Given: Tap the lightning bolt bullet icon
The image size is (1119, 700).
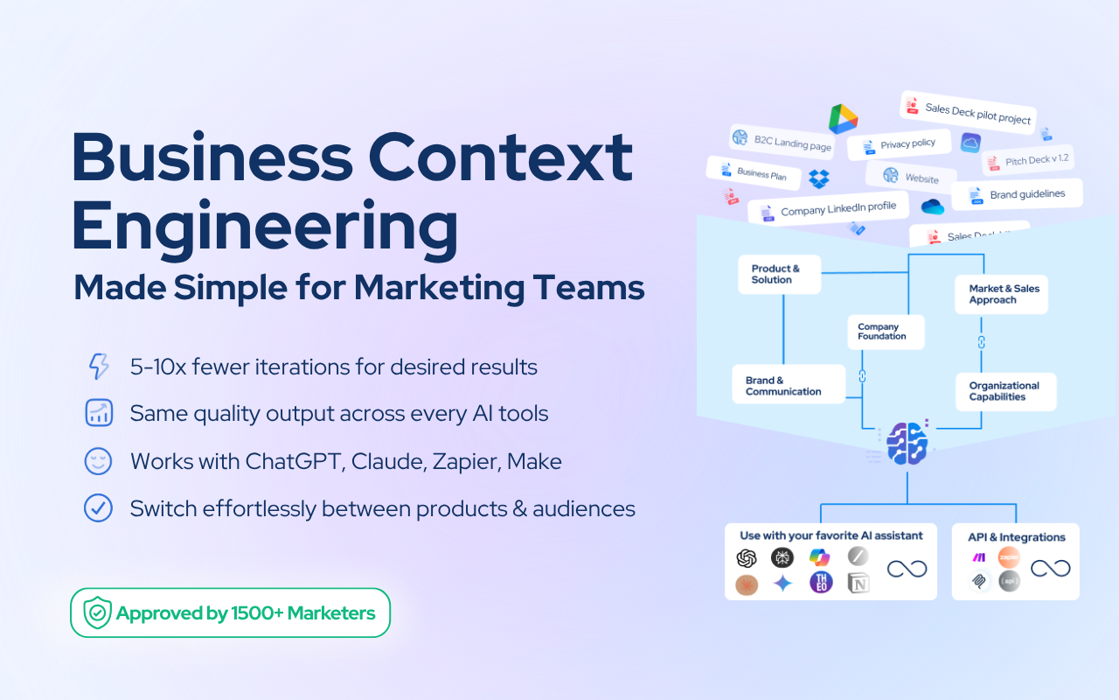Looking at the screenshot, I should (x=99, y=367).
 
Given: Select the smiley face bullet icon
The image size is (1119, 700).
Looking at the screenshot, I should (x=98, y=460).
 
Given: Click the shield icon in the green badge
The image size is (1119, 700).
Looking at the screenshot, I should (x=96, y=612).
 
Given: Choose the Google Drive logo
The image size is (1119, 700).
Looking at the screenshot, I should (x=844, y=119).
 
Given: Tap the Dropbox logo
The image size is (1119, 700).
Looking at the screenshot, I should (x=818, y=178).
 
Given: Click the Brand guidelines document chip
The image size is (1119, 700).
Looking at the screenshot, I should (x=1017, y=195).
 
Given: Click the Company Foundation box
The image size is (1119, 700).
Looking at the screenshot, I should (x=885, y=332).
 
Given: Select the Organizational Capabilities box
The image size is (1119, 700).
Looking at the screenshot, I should (x=1004, y=391).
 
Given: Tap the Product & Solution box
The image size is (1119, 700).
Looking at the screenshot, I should (x=778, y=274).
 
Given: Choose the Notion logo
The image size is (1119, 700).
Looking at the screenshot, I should (x=858, y=584).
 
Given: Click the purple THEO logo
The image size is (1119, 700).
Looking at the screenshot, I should (x=821, y=583).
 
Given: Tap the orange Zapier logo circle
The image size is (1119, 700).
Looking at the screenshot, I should (x=1009, y=556).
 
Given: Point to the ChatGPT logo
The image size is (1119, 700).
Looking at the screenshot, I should (x=746, y=557).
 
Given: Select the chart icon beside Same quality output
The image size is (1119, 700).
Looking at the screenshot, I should (x=99, y=413).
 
